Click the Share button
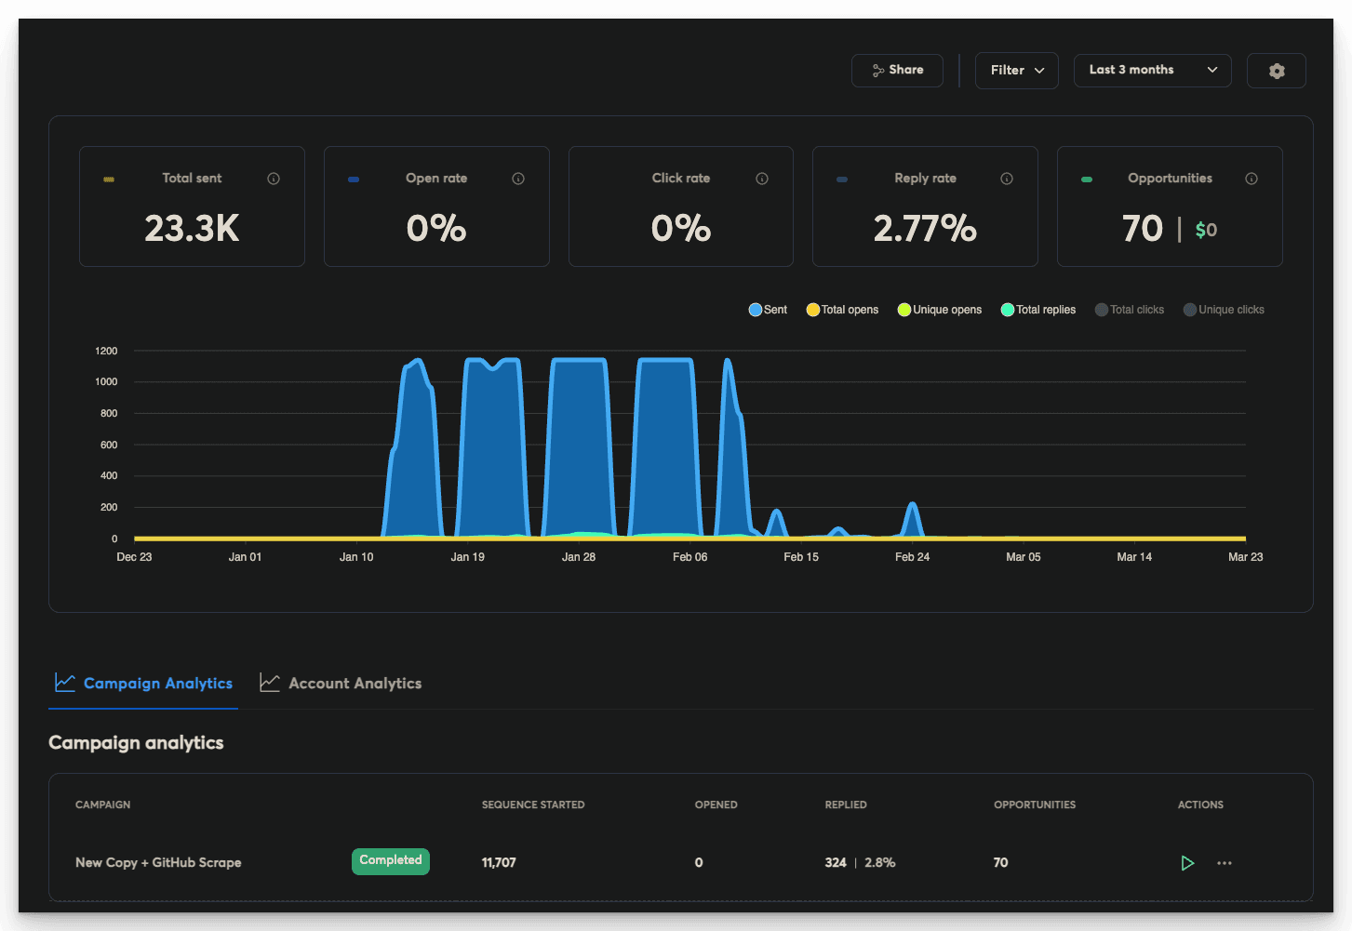897,71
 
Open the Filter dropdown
1016,71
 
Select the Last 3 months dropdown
1152,71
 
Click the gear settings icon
1277,71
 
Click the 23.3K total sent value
192,229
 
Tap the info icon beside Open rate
518,179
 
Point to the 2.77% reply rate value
925,229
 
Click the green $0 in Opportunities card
1206,230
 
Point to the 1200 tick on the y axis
106,351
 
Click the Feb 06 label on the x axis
689,557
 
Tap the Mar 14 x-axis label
1134,557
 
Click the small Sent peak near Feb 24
913,507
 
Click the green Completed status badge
391,861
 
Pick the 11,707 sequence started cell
499,863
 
